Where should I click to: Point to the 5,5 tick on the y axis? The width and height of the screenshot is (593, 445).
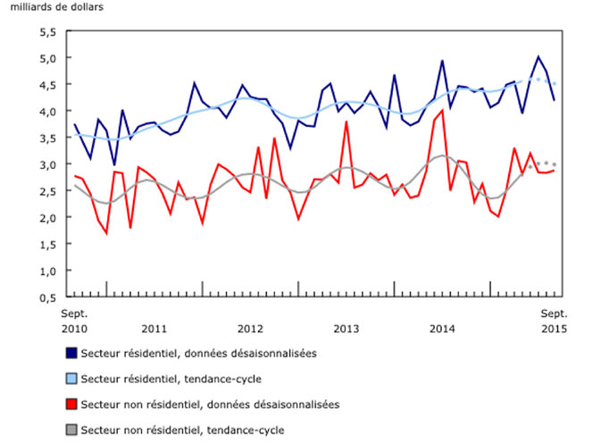[x=46, y=31]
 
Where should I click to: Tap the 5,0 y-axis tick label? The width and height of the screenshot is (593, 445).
[x=46, y=58]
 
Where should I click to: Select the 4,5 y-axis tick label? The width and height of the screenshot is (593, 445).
[x=46, y=85]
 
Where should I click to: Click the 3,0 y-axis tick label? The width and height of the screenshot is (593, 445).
[x=46, y=164]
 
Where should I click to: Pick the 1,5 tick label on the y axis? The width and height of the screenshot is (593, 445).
[x=46, y=244]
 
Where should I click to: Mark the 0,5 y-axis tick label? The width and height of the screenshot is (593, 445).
[x=46, y=297]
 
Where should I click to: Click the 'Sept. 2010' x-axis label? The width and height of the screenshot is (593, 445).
[x=74, y=321]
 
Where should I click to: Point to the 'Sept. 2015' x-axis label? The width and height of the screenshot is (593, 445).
[x=556, y=321]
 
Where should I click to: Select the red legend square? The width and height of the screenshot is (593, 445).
[x=70, y=405]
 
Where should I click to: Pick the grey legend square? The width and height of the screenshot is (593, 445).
[x=70, y=430]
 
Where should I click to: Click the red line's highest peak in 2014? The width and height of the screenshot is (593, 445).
[x=442, y=110]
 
